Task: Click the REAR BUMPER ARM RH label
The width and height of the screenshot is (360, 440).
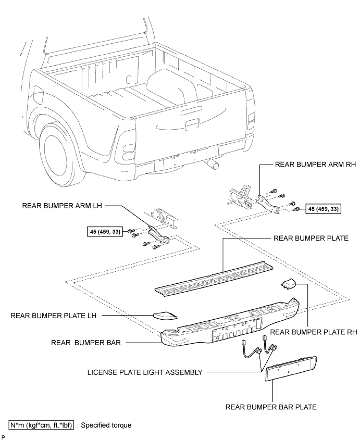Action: click(315, 164)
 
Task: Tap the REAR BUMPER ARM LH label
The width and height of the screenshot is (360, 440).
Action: click(62, 206)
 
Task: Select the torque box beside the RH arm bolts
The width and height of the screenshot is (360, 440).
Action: click(323, 209)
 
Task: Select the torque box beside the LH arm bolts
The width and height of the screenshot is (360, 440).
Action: click(105, 232)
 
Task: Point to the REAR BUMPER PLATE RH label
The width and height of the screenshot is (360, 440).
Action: click(314, 332)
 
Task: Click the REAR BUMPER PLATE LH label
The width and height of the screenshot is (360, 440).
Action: click(53, 316)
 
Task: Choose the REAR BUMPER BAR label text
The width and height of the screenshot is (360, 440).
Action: click(86, 343)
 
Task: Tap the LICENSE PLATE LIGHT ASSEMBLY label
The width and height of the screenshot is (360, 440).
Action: click(145, 372)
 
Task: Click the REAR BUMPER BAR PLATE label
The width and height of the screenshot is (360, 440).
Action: click(271, 407)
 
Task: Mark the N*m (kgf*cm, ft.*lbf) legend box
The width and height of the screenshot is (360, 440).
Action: click(41, 425)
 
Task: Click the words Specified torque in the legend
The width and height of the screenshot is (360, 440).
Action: click(106, 425)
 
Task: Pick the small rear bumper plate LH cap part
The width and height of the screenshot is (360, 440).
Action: click(165, 315)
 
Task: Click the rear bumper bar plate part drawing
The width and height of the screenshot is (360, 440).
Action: click(291, 369)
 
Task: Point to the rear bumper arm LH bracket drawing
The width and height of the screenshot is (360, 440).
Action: click(159, 234)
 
